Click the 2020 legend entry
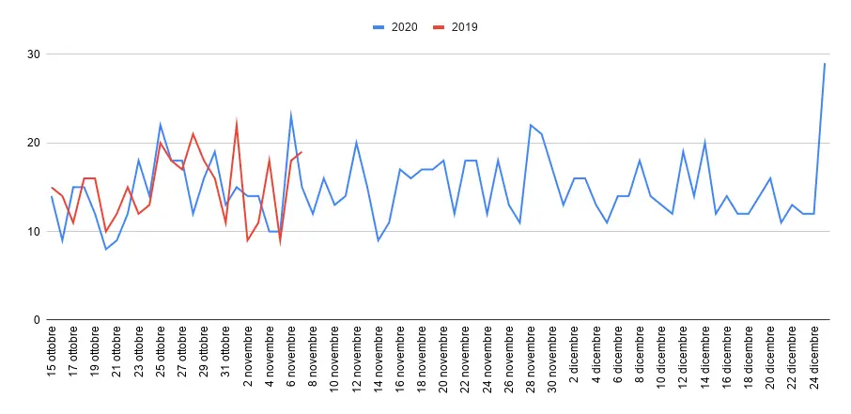pos(395,27)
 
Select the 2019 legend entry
pos(456,27)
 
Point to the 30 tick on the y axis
pos(33,54)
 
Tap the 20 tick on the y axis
pos(33,143)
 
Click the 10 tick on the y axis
pos(33,232)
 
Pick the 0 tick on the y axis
pos(36,320)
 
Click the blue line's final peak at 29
pos(825,64)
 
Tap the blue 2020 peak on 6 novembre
pos(291,116)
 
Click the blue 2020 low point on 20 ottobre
pos(106,249)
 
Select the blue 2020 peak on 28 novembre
pos(531,125)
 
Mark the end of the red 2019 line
pos(302,152)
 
